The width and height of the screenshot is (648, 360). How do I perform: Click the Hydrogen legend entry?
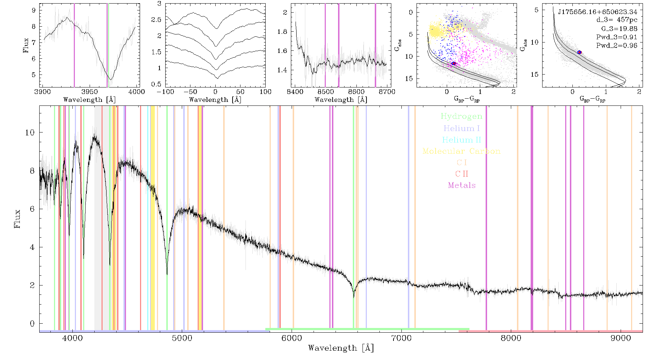pos(462,117)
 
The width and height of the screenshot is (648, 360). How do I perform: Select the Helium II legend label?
pos(462,140)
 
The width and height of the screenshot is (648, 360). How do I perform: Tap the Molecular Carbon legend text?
pos(462,151)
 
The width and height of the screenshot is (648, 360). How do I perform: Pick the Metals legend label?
pos(462,185)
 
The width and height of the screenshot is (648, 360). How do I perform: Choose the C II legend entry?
pos(462,174)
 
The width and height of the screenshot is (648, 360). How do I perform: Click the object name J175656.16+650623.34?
pos(598,12)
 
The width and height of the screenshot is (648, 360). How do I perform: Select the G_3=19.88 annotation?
pos(619,29)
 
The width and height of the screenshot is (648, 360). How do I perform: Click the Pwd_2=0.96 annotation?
pos(617,46)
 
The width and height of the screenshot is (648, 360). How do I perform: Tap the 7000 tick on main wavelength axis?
pos(401,338)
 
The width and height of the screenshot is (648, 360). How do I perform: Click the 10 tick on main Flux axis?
pos(30,132)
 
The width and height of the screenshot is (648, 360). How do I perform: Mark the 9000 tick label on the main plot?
pos(621,338)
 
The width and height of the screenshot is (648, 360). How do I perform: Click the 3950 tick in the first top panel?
pos(90,92)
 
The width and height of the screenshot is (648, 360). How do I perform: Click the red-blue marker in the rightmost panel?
pos(580,52)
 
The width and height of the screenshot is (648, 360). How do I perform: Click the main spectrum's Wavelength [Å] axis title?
pos(341,348)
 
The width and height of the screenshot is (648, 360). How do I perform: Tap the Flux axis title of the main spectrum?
pos(17,219)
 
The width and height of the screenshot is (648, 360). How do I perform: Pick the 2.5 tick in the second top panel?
pos(157,19)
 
